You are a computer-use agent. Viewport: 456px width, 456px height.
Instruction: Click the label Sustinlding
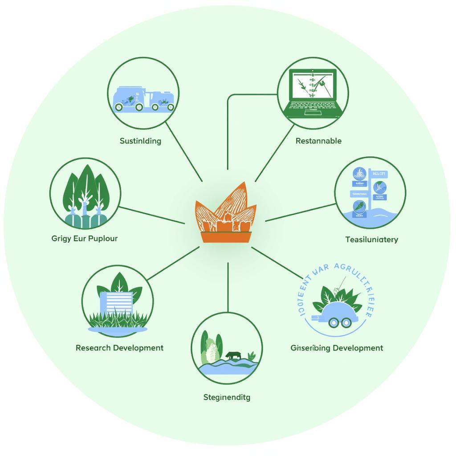(x=140, y=141)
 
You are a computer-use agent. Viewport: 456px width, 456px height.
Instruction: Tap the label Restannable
(x=318, y=141)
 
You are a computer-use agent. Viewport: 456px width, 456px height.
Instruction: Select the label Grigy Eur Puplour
(x=85, y=238)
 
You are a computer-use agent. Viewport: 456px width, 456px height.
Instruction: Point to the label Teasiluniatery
(x=371, y=240)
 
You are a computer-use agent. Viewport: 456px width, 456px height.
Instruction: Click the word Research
(x=93, y=348)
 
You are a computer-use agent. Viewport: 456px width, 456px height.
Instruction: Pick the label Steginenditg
(x=227, y=397)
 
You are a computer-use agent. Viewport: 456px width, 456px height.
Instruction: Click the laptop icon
(x=313, y=93)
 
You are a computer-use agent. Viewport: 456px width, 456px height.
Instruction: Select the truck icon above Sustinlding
(x=143, y=99)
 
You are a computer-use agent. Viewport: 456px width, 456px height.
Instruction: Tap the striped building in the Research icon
(x=117, y=303)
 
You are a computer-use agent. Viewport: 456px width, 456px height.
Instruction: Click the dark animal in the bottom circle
(x=233, y=355)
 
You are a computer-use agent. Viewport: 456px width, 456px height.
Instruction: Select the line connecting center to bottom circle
(x=228, y=287)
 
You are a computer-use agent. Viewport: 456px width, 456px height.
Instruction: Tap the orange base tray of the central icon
(x=227, y=237)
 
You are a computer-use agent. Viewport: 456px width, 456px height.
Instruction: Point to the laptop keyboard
(x=313, y=107)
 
